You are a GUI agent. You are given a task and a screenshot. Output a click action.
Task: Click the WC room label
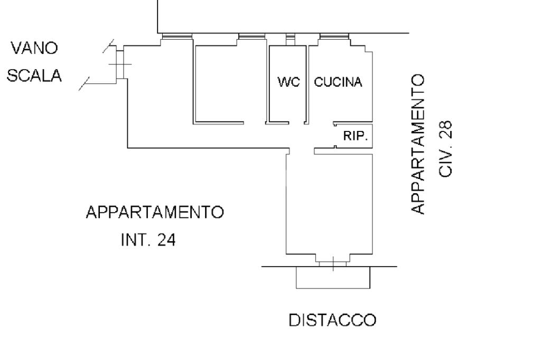click(x=289, y=82)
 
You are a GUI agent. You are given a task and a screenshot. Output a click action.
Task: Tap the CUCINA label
click(x=338, y=82)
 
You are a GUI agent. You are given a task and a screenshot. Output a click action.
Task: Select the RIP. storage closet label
click(x=356, y=136)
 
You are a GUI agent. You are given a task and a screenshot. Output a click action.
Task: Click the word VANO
click(x=34, y=48)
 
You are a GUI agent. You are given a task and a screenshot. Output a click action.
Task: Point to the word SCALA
click(x=34, y=75)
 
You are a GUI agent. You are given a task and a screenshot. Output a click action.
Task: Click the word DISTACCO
click(x=332, y=320)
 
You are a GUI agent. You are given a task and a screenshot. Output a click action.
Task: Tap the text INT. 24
click(x=148, y=240)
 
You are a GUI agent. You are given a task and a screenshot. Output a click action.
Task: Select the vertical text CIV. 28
click(x=445, y=149)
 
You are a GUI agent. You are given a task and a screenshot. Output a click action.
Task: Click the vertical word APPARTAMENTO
click(x=418, y=145)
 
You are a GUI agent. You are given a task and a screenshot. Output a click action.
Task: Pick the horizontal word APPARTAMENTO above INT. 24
click(x=155, y=212)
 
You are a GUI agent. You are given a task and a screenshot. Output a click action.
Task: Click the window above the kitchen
click(x=334, y=36)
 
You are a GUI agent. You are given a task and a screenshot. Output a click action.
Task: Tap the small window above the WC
click(x=291, y=36)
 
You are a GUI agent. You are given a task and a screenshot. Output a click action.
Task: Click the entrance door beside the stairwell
click(x=120, y=64)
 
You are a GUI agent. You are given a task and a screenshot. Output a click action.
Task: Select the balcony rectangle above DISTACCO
click(x=333, y=277)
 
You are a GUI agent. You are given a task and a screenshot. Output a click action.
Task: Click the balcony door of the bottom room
click(x=333, y=264)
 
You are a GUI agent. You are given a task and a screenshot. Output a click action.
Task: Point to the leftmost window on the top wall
click(x=177, y=36)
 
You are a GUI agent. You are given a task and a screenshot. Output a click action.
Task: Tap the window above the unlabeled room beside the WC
click(x=252, y=36)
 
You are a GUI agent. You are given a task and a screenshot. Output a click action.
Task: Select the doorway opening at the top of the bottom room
click(x=302, y=151)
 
